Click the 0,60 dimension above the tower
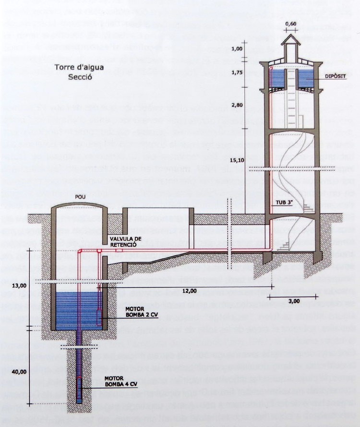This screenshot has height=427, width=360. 291,24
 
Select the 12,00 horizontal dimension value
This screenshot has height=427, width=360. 189,290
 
